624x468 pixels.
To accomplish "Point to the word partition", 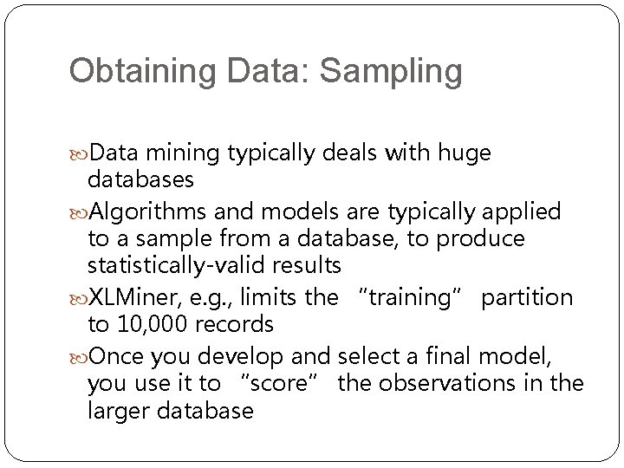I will pos(527,298).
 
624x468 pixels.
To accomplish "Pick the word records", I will pos(234,325).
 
